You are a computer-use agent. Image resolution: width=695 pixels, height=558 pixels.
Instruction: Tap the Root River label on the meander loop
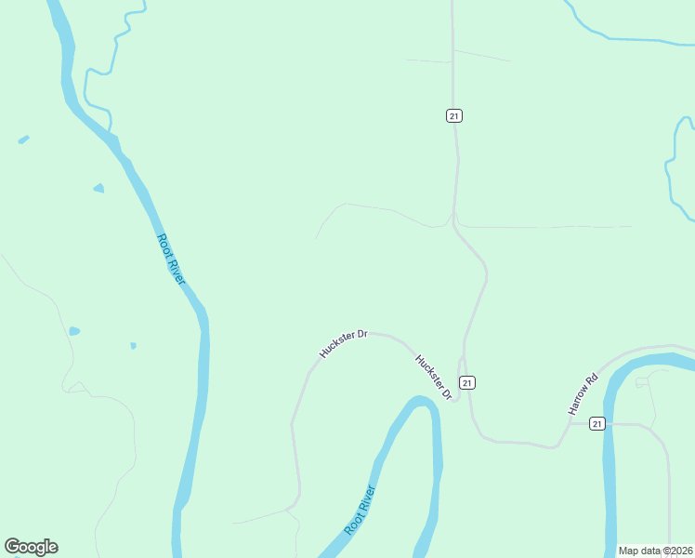coord(360,510)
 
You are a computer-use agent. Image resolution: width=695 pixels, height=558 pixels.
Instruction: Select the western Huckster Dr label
coord(344,341)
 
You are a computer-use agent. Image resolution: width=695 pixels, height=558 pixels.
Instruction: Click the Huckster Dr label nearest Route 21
coord(433,378)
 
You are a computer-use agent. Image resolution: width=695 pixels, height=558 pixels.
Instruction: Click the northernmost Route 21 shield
coord(453,115)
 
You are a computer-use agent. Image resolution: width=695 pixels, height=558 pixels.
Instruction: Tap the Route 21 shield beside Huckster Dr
coord(467,382)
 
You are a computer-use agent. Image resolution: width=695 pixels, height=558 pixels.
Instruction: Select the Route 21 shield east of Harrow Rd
coord(597,424)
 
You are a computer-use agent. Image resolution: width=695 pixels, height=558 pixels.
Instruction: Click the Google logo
coord(31,547)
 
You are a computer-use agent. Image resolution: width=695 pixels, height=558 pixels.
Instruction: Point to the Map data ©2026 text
coord(655,551)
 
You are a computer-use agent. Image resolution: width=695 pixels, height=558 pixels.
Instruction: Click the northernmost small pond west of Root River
coord(23,139)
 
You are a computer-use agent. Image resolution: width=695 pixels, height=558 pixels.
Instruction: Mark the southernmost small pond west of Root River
coord(133,346)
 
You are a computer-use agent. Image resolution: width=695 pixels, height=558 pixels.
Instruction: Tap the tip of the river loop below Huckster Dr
coord(423,402)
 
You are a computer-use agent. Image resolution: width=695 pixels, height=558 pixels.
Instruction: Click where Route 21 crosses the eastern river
coord(610,424)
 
